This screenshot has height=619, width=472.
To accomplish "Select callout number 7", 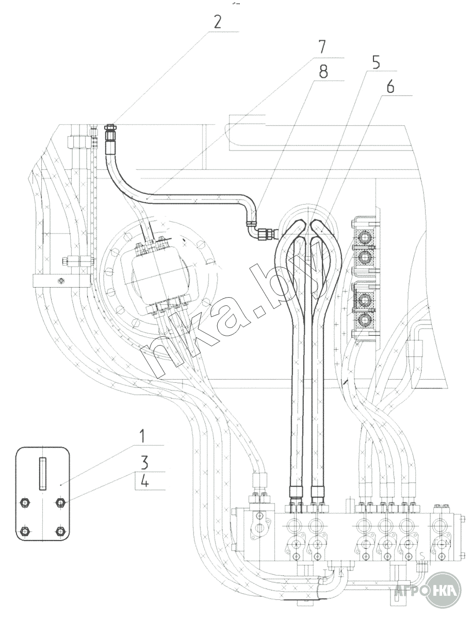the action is (x=321, y=47).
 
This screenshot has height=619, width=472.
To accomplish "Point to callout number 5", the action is (x=376, y=62).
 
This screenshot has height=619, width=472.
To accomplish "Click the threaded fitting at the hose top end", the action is (x=109, y=133).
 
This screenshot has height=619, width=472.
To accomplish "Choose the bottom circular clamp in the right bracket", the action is (x=366, y=319).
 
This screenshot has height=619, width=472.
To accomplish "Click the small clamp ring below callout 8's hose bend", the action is (x=251, y=224).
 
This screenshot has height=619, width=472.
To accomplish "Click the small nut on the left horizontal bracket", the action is (x=60, y=281).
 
